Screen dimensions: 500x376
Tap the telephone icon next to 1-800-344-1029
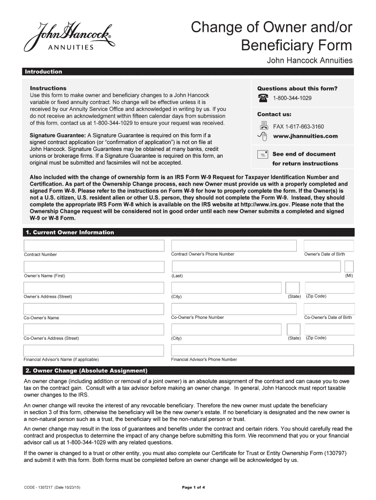click(x=263, y=98)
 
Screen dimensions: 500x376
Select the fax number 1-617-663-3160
click(x=298, y=126)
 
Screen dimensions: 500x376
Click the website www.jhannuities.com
click(x=305, y=136)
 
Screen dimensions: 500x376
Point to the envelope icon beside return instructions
click(x=263, y=154)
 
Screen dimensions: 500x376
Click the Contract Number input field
click(x=94, y=245)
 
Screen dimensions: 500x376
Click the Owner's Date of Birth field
click(x=328, y=245)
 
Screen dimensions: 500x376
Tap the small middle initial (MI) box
click(x=349, y=267)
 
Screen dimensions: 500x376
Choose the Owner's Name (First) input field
click(x=94, y=267)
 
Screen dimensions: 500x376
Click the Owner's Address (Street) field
click(x=94, y=288)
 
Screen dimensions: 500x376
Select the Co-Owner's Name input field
click(x=94, y=309)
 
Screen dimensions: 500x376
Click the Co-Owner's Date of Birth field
click(x=328, y=309)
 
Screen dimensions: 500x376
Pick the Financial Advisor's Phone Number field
click(x=262, y=350)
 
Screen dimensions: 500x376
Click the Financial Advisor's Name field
click(x=94, y=350)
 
